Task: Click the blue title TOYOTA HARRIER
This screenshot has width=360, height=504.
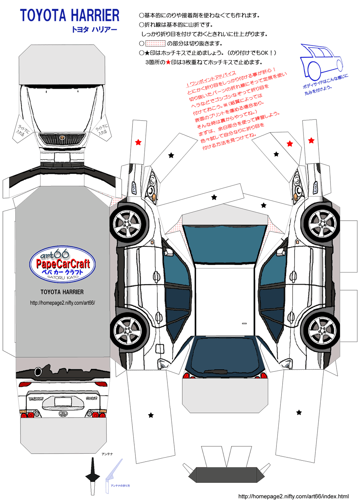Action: coord(69,16)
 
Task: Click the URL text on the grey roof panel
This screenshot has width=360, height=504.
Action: coord(62,303)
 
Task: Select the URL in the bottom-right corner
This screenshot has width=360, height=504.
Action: coord(293,496)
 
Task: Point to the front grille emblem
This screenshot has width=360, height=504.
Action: coord(62,138)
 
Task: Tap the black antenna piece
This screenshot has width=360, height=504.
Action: coord(93,476)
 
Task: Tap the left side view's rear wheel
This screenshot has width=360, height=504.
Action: coord(128,330)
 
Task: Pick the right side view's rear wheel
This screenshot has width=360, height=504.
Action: coord(321,330)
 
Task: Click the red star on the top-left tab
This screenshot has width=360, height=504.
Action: coord(138,142)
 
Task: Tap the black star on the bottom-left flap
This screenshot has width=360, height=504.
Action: coord(151,415)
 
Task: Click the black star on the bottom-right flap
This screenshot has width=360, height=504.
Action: coord(299,412)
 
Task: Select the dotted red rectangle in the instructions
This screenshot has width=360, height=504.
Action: coord(155,44)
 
